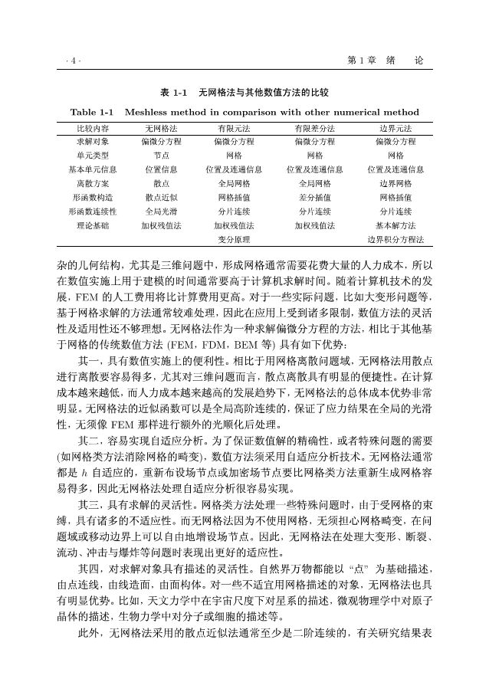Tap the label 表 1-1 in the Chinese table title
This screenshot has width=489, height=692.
(x=174, y=93)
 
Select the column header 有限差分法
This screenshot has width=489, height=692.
(x=314, y=128)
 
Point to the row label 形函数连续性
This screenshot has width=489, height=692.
(x=93, y=211)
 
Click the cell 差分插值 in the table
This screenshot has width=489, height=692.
(x=314, y=197)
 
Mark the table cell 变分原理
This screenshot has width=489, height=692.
(x=234, y=239)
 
